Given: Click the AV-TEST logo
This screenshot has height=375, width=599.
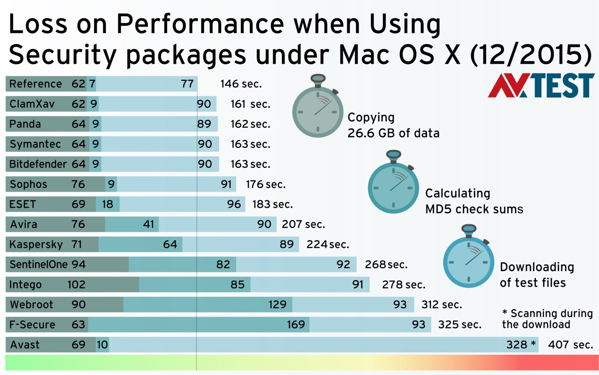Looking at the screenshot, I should point(541,86).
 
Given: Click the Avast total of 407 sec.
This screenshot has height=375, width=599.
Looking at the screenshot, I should point(570,345).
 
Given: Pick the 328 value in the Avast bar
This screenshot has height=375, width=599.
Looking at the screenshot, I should point(517,345).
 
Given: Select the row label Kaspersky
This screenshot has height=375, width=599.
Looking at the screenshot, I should point(36,245).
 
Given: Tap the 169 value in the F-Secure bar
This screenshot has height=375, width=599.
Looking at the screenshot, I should point(296,325).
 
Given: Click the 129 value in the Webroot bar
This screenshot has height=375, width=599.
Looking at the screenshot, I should point(277,305).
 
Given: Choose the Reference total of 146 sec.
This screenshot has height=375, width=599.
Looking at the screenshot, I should point(241,84).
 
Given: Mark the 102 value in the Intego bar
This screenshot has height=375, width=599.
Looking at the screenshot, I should point(76,285).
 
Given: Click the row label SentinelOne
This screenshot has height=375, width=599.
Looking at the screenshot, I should point(38,265).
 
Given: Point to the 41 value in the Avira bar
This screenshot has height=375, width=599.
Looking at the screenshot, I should point(148,224).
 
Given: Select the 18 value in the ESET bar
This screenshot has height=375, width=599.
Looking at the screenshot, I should point(107,204).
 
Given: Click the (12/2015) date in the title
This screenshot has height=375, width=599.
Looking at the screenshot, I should point(530,55).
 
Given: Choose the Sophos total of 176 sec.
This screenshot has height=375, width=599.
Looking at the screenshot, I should point(265,184).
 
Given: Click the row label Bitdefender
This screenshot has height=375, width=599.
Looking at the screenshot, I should point(38,164).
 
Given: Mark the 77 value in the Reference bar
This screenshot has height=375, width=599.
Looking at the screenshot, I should point(187,84).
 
